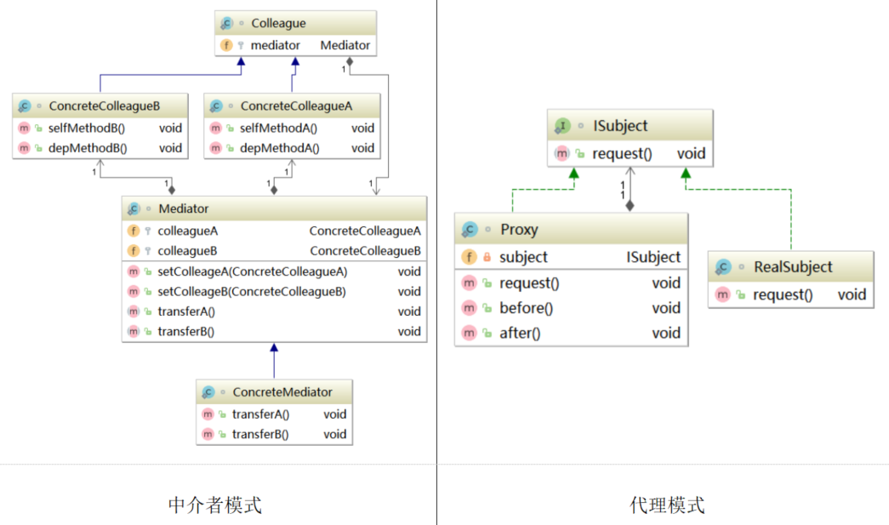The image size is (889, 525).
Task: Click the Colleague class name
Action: (278, 24)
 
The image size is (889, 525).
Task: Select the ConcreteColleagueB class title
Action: (104, 106)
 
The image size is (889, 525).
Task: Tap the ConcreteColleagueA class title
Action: (296, 106)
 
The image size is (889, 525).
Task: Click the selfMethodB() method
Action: (86, 128)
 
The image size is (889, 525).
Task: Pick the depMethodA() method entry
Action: (279, 148)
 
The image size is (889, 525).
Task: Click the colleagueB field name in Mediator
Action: (187, 251)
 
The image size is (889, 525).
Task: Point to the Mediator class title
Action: (183, 208)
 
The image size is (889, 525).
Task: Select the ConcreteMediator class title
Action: (282, 392)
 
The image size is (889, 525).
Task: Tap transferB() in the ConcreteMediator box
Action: (260, 434)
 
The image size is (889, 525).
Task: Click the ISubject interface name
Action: (620, 126)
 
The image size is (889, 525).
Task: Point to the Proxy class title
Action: (519, 230)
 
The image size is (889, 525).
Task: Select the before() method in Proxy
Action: (526, 308)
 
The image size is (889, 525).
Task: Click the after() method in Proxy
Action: (520, 334)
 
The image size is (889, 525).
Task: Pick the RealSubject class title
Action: (793, 267)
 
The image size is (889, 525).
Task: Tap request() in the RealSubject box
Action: (784, 294)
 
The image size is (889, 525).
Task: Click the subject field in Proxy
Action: (523, 257)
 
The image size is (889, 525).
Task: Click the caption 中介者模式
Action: (215, 505)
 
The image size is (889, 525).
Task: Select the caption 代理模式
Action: (667, 505)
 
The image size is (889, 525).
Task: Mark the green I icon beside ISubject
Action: (562, 126)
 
